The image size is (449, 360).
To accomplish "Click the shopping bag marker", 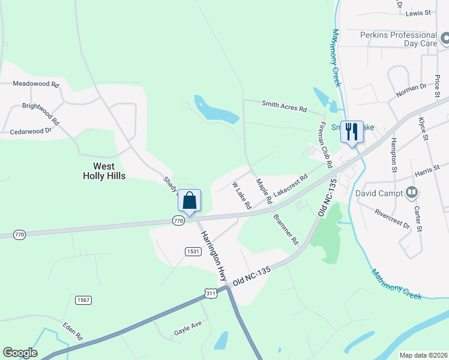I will tap(189, 201).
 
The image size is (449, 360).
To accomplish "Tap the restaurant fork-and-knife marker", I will tap(352, 132).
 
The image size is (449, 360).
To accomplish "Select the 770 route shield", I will tap(178, 221).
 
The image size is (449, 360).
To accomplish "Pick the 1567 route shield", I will tap(83, 299).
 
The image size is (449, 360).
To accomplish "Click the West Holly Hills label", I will tap(108, 170).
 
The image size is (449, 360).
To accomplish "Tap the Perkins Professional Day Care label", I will tap(398, 40).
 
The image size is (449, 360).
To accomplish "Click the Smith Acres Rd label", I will tap(284, 106).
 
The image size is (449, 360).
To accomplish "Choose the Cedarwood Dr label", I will tap(31, 130).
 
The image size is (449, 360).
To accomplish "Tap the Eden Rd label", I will tap(72, 331).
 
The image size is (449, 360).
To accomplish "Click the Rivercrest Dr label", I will tap(391, 218).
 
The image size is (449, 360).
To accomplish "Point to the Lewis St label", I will tap(418, 12).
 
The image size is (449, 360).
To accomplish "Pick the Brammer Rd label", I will tap(285, 229).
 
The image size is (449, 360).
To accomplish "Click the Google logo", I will tap(20, 353).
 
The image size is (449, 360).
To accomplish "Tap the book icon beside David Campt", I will tap(412, 193).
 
